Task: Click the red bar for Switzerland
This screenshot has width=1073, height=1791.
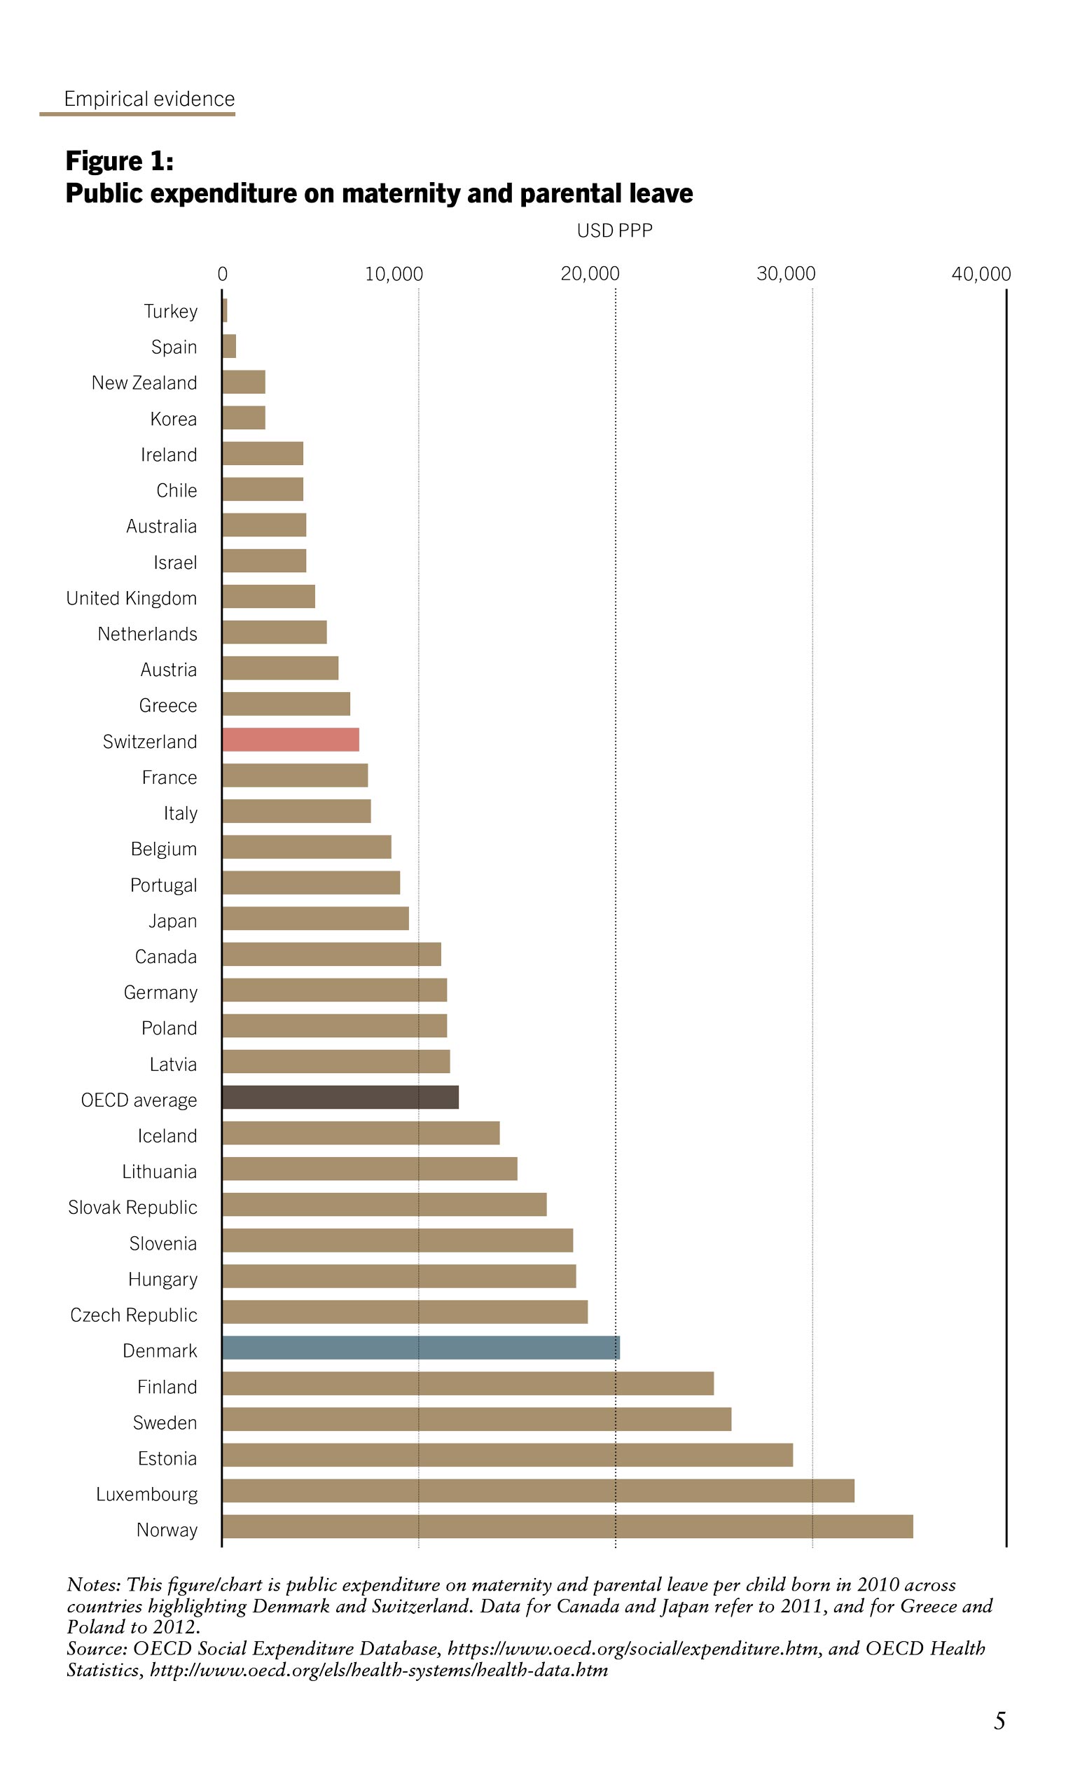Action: click(x=291, y=740)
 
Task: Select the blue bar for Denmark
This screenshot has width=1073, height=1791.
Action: click(x=421, y=1348)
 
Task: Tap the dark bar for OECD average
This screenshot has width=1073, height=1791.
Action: click(x=340, y=1097)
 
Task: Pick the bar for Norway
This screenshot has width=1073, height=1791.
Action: click(x=567, y=1526)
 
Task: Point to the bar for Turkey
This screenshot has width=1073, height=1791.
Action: click(x=225, y=310)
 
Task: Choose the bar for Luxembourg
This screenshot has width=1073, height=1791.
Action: click(x=538, y=1491)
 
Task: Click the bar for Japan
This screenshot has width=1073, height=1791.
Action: click(x=315, y=918)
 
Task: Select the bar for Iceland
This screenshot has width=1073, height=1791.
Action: click(x=361, y=1133)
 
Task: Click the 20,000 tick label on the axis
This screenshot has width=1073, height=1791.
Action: click(x=590, y=273)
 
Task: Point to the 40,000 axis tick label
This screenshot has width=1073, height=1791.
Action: click(x=981, y=273)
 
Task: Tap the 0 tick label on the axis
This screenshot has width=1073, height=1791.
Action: click(x=223, y=273)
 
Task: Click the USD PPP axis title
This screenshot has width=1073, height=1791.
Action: click(x=614, y=230)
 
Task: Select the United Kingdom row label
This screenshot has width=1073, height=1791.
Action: click(x=132, y=598)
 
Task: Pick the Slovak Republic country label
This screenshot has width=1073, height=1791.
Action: click(x=132, y=1207)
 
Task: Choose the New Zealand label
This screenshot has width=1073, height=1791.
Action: click(x=144, y=382)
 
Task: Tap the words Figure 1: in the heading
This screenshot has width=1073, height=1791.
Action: click(x=119, y=160)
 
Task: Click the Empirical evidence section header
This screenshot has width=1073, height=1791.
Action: click(x=149, y=98)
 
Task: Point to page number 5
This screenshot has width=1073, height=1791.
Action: click(x=999, y=1721)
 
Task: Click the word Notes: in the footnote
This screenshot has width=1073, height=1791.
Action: click(x=93, y=1585)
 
